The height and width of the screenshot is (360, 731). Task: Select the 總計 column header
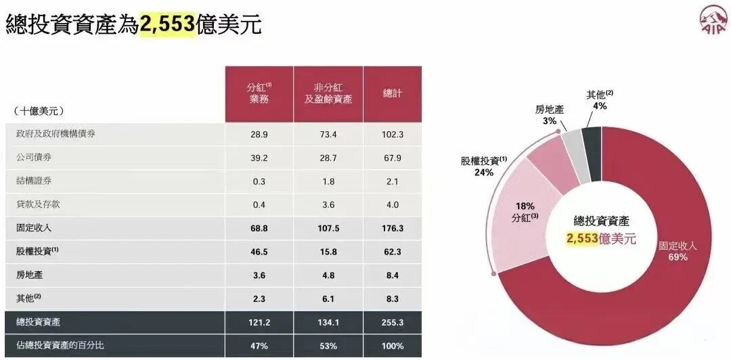click(393, 93)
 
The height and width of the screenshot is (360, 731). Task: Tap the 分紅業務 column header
click(259, 93)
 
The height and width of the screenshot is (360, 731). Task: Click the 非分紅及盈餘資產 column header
click(328, 93)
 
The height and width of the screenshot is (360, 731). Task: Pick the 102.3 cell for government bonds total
click(393, 135)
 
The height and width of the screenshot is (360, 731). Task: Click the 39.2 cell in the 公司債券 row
click(259, 158)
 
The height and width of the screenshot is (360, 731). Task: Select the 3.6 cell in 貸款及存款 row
click(328, 204)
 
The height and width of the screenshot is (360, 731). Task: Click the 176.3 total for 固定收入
click(393, 228)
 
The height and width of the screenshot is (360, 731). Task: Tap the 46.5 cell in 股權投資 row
click(259, 252)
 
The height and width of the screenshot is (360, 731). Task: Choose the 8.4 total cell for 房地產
click(393, 275)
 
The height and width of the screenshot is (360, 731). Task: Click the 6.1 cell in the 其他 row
click(328, 298)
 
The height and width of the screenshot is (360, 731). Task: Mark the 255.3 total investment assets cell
click(393, 323)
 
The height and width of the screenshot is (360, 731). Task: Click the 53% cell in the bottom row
click(328, 346)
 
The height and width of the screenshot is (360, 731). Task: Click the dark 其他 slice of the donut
click(592, 152)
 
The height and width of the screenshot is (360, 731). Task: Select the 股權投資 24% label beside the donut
click(484, 166)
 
